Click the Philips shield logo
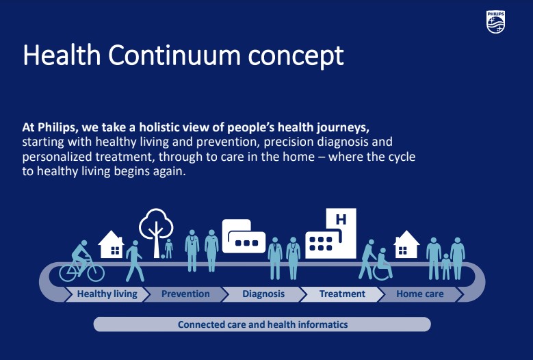tap(495, 22)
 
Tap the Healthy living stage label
tap(107, 294)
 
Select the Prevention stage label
tap(185, 294)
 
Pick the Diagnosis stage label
tap(263, 294)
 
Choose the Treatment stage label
tap(342, 294)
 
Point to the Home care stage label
tap(420, 294)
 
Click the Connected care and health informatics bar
tap(262, 324)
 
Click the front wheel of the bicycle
tap(94, 272)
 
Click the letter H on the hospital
tap(340, 220)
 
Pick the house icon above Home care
tap(406, 244)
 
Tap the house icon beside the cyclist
tap(110, 244)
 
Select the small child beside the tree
tap(168, 248)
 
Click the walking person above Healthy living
tap(134, 261)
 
